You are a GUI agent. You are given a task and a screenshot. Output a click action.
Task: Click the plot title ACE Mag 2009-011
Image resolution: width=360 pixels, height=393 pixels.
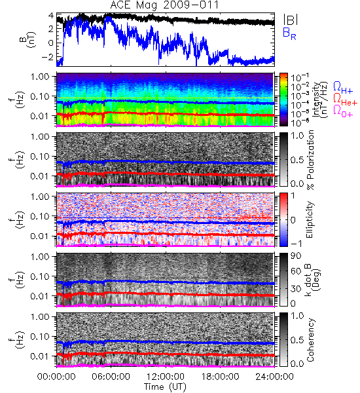click(x=164, y=5)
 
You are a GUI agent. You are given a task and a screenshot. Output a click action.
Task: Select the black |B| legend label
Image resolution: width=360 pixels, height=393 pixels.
click(x=291, y=20)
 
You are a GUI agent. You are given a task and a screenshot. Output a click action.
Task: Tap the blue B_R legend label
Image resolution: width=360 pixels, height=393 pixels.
click(x=289, y=33)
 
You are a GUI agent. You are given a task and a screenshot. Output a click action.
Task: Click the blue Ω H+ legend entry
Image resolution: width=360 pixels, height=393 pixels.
click(x=343, y=88)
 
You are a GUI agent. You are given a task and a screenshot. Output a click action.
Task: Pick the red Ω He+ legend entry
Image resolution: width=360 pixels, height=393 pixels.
click(x=345, y=99)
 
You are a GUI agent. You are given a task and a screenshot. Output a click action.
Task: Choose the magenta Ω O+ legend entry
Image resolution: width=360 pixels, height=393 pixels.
click(x=343, y=111)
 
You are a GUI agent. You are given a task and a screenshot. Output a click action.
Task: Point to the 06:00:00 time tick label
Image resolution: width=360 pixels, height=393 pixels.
click(x=111, y=377)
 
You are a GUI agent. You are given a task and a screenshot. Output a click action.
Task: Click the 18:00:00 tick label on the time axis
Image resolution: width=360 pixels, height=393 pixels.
click(x=220, y=377)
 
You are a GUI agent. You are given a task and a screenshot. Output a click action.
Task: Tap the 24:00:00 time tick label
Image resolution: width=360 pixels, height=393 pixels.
click(x=274, y=377)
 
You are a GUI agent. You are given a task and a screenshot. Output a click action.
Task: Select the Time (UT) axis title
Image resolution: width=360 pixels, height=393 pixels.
click(x=165, y=386)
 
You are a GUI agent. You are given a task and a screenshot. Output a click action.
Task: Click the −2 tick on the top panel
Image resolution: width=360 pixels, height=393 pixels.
click(x=48, y=57)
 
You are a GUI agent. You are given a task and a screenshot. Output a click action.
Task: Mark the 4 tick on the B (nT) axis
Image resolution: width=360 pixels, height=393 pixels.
click(x=51, y=16)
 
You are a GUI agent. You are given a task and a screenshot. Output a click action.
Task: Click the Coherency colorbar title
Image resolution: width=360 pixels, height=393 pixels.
click(x=310, y=340)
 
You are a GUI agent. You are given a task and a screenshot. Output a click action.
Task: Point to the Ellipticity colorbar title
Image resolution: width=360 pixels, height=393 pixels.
click(x=310, y=219)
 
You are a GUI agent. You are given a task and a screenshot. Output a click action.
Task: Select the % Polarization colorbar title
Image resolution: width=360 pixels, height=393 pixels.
click(x=310, y=160)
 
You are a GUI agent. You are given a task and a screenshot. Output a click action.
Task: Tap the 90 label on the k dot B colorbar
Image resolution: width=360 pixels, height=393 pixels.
click(x=296, y=256)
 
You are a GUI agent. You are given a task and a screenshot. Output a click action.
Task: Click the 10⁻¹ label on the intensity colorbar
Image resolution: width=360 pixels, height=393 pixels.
click(x=297, y=77)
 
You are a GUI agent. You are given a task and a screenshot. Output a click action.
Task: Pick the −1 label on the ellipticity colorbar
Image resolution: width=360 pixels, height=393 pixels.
click(x=296, y=243)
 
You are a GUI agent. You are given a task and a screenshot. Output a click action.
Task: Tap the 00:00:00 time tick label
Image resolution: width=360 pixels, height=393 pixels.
click(x=56, y=377)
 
